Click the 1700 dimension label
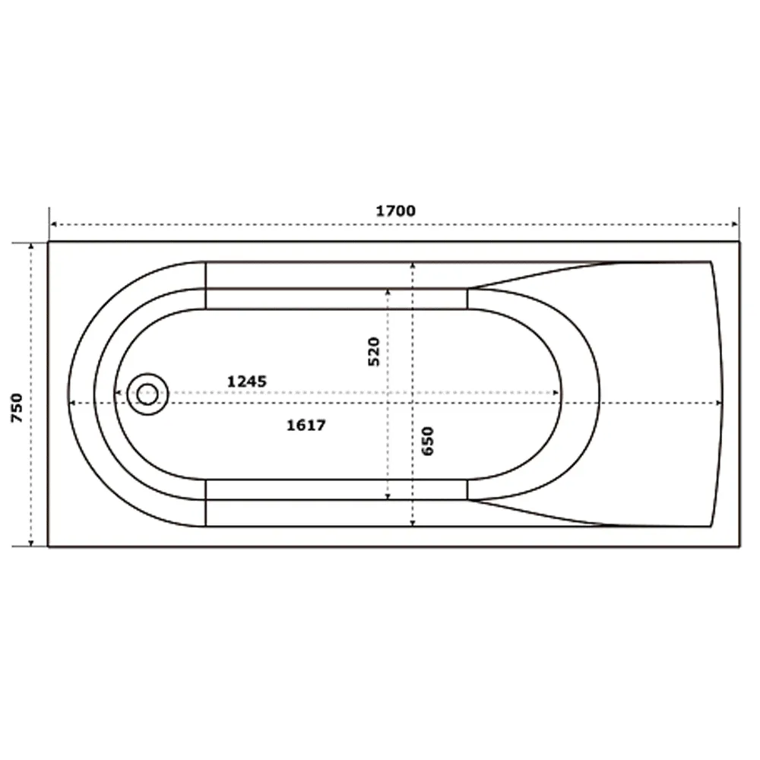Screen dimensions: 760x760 click(395, 211)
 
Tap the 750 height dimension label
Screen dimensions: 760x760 click(17, 407)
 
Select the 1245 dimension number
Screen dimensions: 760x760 click(247, 382)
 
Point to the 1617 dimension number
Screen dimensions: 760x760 click(306, 425)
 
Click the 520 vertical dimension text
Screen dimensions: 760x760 click(374, 351)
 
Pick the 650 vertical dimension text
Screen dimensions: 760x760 click(427, 441)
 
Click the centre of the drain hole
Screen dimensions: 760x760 click(147, 394)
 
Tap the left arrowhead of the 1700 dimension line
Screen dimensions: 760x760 click(53, 224)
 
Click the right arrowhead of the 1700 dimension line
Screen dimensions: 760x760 click(735, 224)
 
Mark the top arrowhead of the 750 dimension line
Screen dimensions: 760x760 click(31, 247)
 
